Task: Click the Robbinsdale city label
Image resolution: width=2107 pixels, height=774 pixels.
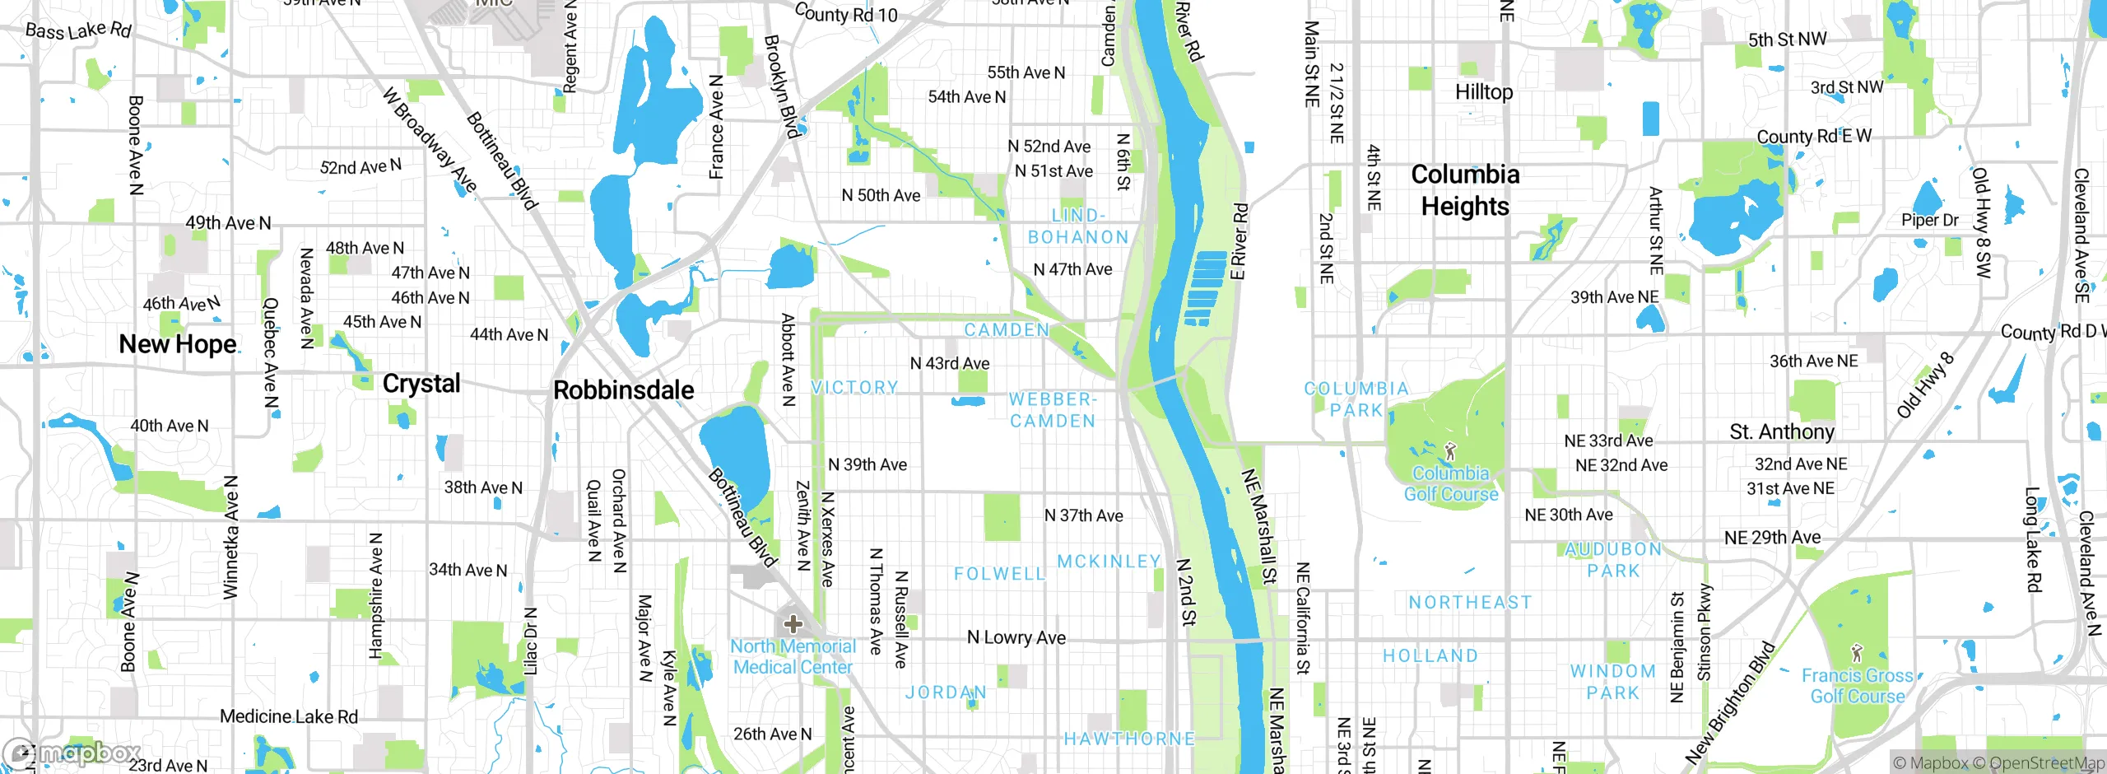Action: point(623,390)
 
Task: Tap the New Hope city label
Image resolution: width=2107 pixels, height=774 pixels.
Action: point(178,344)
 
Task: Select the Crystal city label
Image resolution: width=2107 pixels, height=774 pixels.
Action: point(421,384)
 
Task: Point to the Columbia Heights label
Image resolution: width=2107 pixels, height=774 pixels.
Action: point(1465,190)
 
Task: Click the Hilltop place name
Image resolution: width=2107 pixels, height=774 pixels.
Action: point(1484,92)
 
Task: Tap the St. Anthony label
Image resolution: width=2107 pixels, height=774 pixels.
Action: point(1782,432)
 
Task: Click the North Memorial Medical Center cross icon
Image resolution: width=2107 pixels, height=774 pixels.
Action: point(793,624)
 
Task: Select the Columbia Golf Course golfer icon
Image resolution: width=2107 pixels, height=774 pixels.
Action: point(1450,451)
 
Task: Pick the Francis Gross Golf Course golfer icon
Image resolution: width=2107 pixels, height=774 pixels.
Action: point(1856,654)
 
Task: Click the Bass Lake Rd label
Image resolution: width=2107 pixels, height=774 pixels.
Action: point(78,31)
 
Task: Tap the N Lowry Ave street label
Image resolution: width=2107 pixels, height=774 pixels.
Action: point(1016,637)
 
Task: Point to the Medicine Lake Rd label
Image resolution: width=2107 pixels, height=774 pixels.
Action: point(289,716)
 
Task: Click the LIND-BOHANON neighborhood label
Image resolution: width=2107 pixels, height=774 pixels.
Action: point(1078,226)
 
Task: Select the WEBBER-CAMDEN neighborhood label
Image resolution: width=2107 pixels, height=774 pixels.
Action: point(1053,410)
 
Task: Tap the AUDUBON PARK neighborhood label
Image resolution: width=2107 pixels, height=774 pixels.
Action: point(1613,560)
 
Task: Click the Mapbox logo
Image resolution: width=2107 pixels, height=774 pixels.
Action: point(72,753)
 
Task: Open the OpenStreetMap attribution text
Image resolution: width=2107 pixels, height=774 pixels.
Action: point(2047,763)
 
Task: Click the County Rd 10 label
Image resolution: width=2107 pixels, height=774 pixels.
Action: point(846,14)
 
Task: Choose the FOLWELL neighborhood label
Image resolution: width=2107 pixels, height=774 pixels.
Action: point(999,574)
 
